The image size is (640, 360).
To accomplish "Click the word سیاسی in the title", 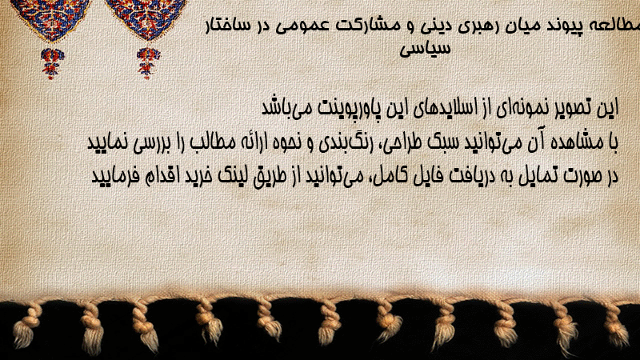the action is coord(425,49).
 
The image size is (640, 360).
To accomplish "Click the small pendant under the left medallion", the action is coord(51,62).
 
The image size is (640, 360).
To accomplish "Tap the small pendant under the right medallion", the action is coord(148,62).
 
